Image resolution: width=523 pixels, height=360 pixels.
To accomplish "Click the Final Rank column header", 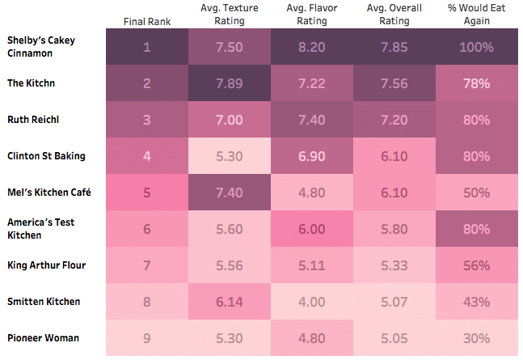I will click(x=147, y=20).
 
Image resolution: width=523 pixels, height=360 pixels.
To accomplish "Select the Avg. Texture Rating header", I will click(x=229, y=15).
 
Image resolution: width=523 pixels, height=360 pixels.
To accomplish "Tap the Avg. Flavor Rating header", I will click(x=311, y=15).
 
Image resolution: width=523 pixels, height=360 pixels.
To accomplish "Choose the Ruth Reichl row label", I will click(x=34, y=120).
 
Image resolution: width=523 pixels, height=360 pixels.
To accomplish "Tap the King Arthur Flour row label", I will click(x=46, y=265).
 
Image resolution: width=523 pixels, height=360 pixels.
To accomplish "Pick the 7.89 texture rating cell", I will click(x=229, y=83).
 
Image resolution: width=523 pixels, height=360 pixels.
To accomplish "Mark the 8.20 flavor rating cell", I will click(x=311, y=47).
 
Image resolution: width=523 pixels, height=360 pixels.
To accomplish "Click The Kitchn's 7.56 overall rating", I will click(x=394, y=83).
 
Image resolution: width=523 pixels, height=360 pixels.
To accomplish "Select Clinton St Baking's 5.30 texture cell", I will click(x=229, y=156).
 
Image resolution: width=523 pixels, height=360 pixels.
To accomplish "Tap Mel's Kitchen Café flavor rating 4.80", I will click(x=311, y=193).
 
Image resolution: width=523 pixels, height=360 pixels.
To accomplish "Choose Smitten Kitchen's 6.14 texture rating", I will click(x=229, y=302).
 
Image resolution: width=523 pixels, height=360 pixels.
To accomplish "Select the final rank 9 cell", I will click(x=147, y=338).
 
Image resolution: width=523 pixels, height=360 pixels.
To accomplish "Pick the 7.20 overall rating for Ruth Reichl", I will click(x=394, y=120).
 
